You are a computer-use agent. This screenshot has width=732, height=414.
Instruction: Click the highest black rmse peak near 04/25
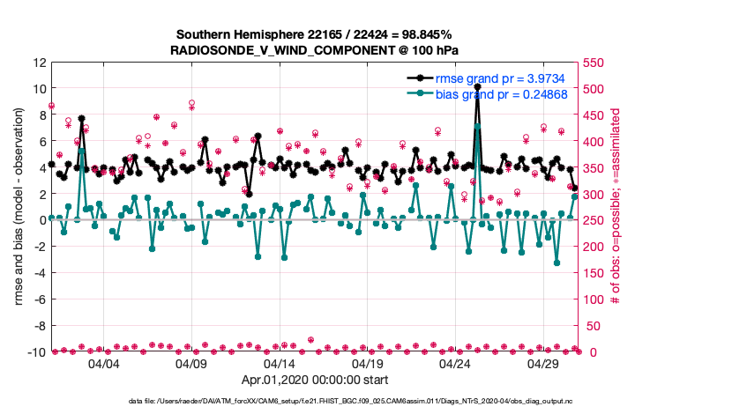477,87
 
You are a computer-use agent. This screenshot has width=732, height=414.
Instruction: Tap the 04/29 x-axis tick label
543,363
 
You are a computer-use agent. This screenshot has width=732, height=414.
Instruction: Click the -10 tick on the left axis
35,352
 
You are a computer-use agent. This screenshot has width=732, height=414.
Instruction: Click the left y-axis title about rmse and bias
19,207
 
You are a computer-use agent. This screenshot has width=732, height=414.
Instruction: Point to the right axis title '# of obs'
616,207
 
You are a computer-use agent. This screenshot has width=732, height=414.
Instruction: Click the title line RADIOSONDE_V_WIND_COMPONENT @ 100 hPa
313,50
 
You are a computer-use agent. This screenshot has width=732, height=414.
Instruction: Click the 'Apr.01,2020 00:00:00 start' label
314,381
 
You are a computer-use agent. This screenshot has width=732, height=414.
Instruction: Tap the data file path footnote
314,402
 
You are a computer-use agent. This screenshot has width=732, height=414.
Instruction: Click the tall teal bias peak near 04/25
477,126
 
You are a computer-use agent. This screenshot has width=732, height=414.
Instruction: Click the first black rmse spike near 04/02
81,118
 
